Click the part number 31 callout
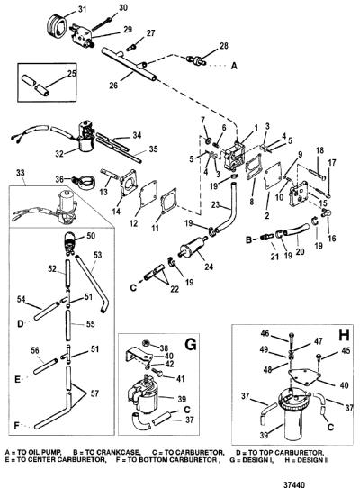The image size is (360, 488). coord(82,9)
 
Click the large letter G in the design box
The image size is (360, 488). coord(191,344)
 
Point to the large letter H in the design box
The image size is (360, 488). coord(344,335)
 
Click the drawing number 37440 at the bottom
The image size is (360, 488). coord(293,484)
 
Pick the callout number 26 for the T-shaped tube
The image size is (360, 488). coord(113,85)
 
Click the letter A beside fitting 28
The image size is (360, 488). coord(234,66)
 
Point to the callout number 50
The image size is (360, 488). coord(91,236)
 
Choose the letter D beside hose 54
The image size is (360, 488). coord(20,323)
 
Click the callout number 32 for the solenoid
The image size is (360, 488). coord(59,153)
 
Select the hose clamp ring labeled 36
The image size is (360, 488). coord(82,180)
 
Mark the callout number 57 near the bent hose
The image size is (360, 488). coord(94,393)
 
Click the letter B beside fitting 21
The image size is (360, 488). coord(248,240)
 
